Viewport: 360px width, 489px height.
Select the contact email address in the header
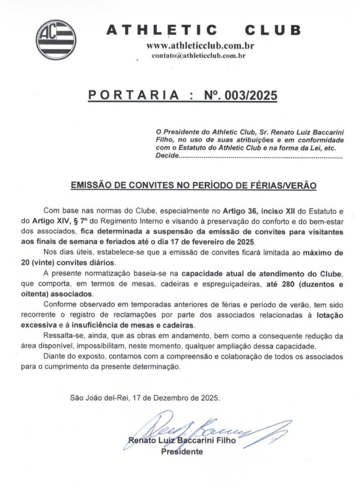pyautogui.click(x=199, y=56)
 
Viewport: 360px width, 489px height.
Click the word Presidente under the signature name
pyautogui.click(x=182, y=451)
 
